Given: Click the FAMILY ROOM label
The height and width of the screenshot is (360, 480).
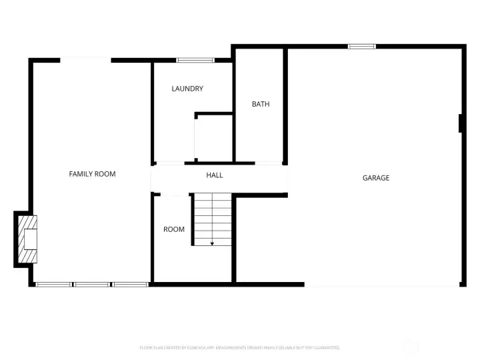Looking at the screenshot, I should click(x=92, y=174).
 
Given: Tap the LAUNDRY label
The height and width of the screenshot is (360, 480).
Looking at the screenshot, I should click(x=187, y=89).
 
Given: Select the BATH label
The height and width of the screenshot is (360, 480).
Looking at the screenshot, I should click(x=261, y=104).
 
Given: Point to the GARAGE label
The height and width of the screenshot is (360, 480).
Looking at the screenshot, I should click(x=376, y=178).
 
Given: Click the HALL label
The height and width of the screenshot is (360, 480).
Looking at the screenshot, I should click(x=214, y=175).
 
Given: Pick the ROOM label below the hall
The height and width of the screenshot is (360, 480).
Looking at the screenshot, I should click(x=174, y=229).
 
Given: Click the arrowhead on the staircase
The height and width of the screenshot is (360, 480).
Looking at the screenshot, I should click(x=212, y=243).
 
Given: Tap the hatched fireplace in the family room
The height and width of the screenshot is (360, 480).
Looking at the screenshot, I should click(x=27, y=239).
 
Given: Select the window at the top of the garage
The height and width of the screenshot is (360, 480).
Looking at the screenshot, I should click(x=362, y=46).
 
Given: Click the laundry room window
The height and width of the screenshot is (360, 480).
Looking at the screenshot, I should click(x=191, y=61).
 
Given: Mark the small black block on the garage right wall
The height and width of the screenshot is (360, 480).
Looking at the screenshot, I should click(x=461, y=123).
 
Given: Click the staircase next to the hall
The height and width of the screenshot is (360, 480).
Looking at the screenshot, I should click(x=213, y=219).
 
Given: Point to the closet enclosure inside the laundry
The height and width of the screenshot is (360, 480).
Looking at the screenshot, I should click(x=214, y=137).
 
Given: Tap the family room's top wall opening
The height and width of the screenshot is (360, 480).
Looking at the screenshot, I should click(x=85, y=61).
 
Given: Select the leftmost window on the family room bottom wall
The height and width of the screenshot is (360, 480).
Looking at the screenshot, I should click(x=53, y=285).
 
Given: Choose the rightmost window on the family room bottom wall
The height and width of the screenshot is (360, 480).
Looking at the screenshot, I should click(x=130, y=285).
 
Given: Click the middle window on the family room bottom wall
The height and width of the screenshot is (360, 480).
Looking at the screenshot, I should click(x=92, y=285).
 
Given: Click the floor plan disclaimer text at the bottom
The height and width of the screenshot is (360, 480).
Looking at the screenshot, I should click(x=240, y=347).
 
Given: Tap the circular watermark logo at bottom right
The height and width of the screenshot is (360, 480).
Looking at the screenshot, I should click(x=411, y=347).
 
